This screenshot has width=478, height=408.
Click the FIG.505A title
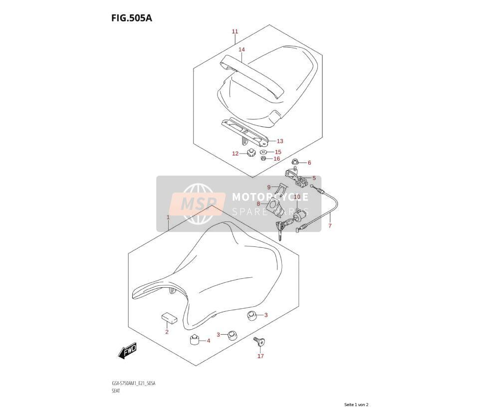point(131,18)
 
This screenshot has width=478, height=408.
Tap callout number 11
point(235,31)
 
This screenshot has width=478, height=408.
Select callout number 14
point(241,49)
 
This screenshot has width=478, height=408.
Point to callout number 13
point(280,141)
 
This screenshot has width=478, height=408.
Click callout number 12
point(236,154)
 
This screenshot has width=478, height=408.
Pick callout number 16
point(276,159)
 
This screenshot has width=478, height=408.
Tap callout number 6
point(309,163)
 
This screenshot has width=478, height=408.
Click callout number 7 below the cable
point(329,226)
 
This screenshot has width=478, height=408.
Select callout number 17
point(260,356)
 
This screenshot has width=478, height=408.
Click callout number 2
point(167,332)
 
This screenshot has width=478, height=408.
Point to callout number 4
point(209,341)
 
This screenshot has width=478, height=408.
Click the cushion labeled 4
point(195,339)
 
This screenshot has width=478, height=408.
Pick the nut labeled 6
point(295,162)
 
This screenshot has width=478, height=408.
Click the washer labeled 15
point(263,152)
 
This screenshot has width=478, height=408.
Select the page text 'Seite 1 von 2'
point(356,405)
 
